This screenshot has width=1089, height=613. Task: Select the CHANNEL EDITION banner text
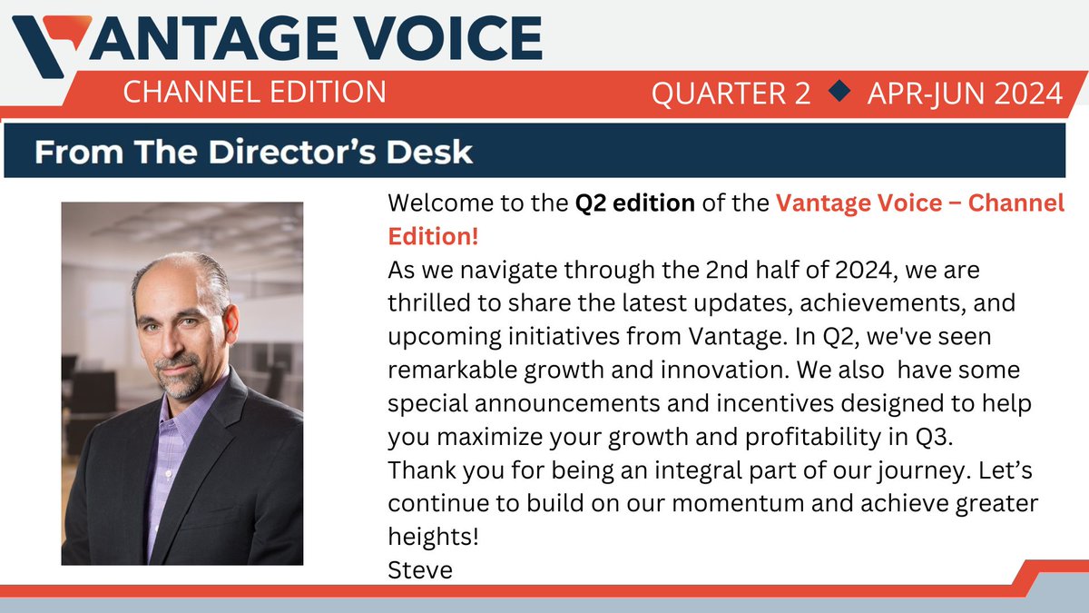253,92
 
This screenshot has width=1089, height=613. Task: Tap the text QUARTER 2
730,94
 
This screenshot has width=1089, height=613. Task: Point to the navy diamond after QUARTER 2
840,91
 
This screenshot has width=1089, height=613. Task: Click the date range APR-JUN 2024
964,94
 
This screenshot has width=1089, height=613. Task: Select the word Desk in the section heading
432,152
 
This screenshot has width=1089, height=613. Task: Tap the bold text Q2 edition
635,203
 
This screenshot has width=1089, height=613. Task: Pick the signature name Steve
419,571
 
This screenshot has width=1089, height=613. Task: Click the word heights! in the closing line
432,537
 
